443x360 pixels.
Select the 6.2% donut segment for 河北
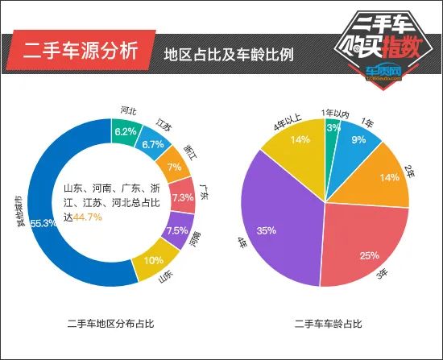126,131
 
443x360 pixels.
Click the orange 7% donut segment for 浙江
173,168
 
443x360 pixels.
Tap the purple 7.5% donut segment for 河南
176,230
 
